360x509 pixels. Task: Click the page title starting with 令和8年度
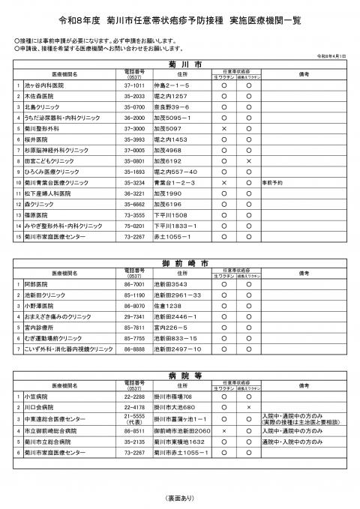(180, 16)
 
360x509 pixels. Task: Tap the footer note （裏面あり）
(179, 498)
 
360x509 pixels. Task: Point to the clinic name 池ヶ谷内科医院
(43, 87)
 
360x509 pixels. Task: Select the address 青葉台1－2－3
(173, 182)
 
